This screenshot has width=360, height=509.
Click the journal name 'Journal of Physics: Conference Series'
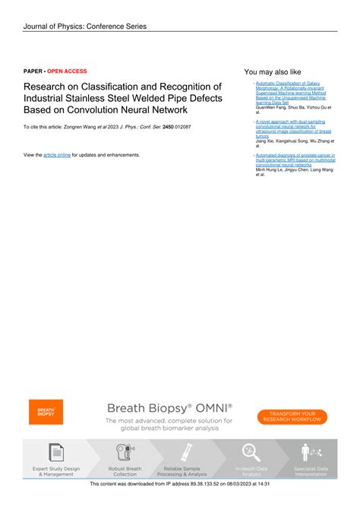tap(84, 27)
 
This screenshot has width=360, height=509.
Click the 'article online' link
tap(57, 154)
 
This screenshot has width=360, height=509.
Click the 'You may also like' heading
tap(273, 71)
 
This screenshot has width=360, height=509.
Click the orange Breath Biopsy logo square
tap(46, 412)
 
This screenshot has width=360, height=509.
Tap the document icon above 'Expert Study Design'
tap(55, 452)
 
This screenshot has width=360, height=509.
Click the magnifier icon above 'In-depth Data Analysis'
tap(251, 452)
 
